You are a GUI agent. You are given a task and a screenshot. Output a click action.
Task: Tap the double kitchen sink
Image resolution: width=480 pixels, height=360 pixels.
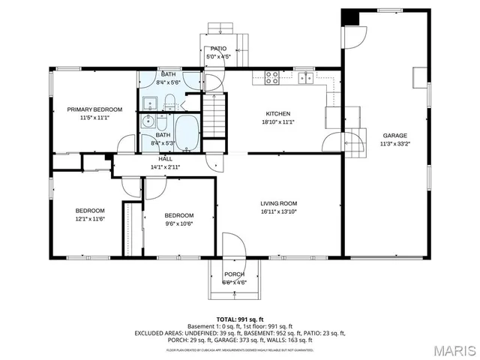click(305, 77)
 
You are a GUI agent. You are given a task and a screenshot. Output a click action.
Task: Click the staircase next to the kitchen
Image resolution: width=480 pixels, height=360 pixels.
click(216, 118)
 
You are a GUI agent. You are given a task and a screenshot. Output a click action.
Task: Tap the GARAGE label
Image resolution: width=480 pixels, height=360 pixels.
click(396, 136)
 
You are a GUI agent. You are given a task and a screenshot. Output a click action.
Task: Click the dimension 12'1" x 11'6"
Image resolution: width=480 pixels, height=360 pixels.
click(89, 219)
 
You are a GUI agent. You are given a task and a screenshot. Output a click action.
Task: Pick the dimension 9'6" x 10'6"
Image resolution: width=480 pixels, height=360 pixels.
click(179, 223)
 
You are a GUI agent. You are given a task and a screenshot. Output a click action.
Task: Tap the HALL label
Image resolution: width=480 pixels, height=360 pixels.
click(166, 160)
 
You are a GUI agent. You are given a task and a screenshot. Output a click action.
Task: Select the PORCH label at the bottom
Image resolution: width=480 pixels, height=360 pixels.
click(235, 274)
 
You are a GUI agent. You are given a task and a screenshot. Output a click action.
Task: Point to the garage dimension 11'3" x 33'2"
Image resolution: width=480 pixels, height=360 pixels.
click(396, 144)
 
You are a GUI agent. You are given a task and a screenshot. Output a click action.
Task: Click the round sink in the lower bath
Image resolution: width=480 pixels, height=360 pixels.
click(148, 121)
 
